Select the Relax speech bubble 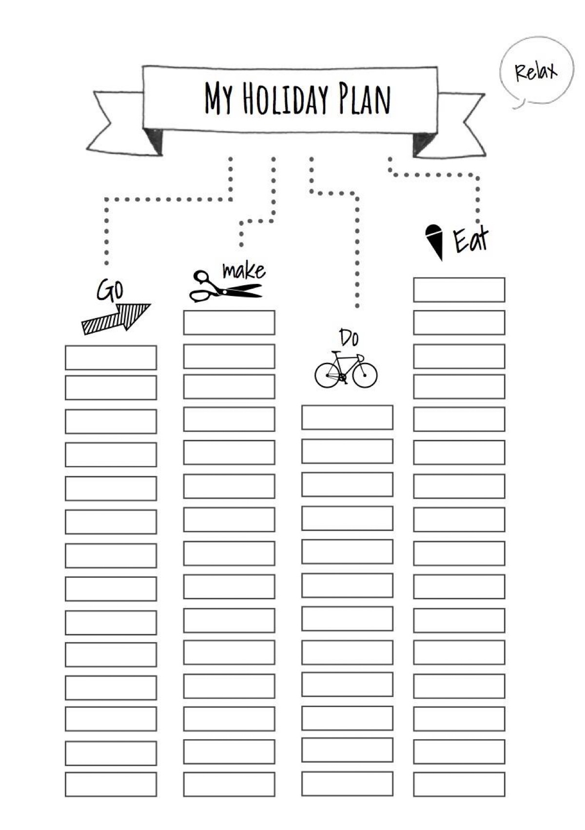tap(536, 71)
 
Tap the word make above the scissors tap(244, 271)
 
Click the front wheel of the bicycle tap(365, 375)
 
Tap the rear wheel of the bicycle tap(327, 375)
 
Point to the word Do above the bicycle tap(349, 337)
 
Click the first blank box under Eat tap(459, 290)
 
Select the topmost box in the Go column tap(111, 357)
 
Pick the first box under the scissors tap(229, 322)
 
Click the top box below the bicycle tap(347, 417)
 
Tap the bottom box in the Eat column tap(459, 784)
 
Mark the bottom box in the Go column tap(111, 784)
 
